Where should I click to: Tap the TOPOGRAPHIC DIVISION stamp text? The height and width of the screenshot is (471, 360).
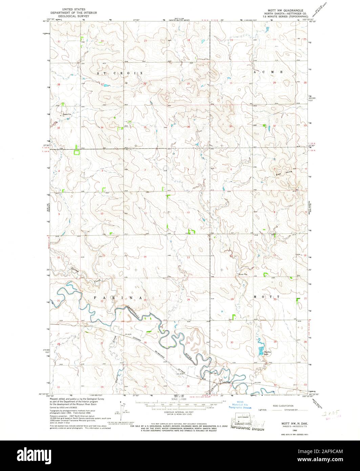click(247, 428)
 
